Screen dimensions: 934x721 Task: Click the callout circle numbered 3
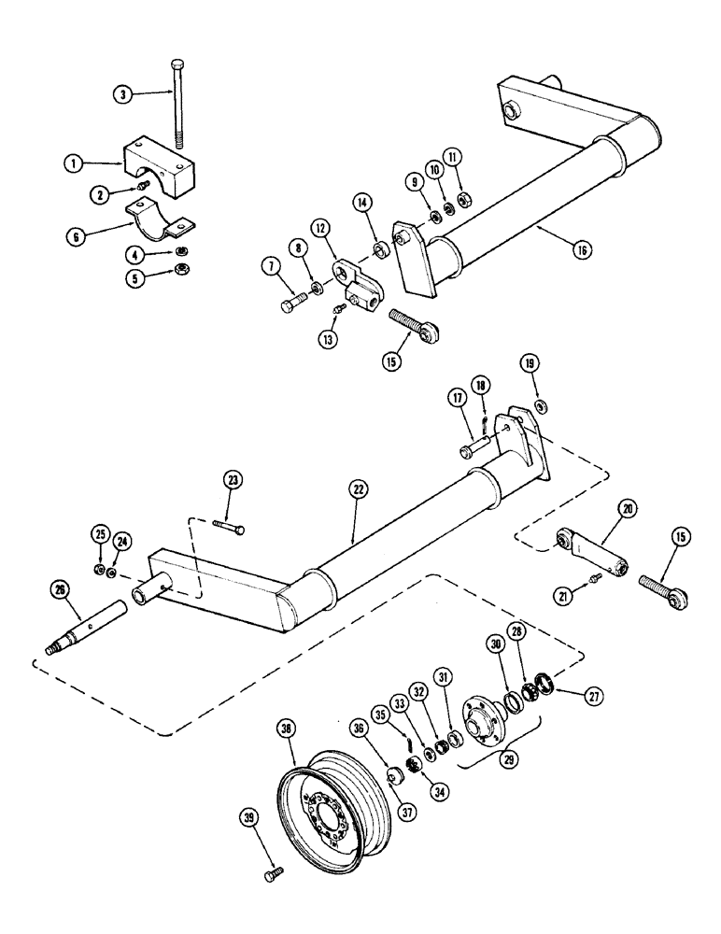point(121,93)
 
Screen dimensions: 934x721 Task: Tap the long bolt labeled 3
point(177,102)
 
